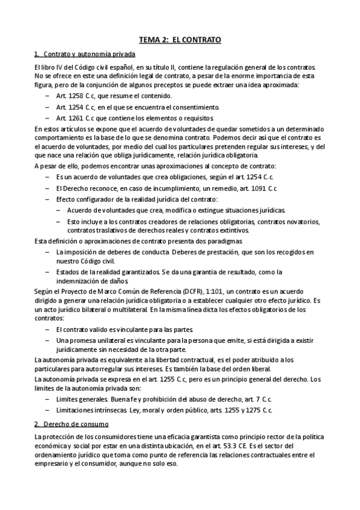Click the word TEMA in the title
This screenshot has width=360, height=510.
[x=150, y=40]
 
